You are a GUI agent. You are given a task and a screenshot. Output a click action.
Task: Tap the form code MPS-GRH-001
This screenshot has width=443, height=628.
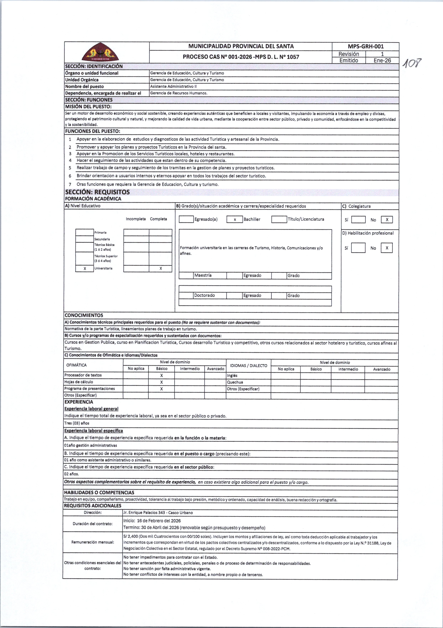point(366,46)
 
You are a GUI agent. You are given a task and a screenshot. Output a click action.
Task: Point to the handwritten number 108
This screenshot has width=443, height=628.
point(412,64)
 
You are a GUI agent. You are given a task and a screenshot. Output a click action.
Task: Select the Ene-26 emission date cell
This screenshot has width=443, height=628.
point(382,60)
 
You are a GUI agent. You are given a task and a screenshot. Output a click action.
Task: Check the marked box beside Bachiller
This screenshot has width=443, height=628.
point(235,219)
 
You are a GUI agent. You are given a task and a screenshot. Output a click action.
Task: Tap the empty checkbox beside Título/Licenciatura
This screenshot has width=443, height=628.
point(279,219)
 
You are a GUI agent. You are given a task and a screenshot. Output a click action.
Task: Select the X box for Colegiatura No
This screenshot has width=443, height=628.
point(387,220)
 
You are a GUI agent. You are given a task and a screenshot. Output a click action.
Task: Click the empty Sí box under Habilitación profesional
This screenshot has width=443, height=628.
point(358,248)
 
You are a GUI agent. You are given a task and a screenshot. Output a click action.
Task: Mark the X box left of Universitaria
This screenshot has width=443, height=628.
point(85,269)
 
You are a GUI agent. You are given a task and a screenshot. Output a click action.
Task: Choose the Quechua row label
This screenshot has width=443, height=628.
point(235,382)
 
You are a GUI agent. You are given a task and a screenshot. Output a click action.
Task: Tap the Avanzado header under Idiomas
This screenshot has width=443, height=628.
point(382,369)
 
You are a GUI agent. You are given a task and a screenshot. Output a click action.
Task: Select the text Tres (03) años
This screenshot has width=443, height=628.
point(77,423)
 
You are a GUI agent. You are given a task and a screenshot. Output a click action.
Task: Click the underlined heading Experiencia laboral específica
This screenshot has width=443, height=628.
point(94,431)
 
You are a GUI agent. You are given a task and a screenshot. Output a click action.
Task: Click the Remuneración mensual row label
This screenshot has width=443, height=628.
point(93,542)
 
